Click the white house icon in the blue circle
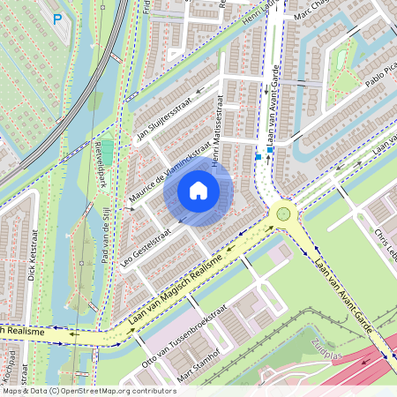198,190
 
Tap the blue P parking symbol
57,18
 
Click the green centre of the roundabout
283,213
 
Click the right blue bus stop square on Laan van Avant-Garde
270,150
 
